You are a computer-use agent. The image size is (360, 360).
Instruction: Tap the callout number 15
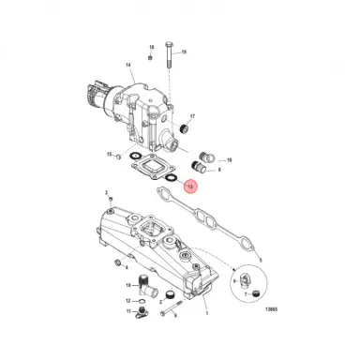(x=111, y=154)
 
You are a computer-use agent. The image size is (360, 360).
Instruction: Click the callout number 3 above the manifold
(x=108, y=193)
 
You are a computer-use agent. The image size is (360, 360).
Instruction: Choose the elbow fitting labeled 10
(x=143, y=283)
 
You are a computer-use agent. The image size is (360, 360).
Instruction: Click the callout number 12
(x=128, y=301)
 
